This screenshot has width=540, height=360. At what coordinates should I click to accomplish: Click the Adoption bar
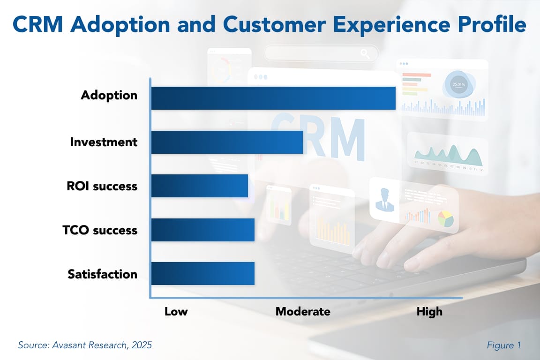[273, 98]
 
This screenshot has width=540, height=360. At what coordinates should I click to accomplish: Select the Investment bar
[227, 142]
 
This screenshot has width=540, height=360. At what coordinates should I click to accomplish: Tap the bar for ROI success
[199, 186]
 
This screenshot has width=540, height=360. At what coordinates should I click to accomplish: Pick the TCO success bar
[202, 230]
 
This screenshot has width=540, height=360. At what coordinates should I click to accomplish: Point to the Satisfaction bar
[202, 274]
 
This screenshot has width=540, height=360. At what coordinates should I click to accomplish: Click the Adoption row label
[109, 95]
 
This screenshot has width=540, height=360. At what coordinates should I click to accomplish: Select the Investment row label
[104, 142]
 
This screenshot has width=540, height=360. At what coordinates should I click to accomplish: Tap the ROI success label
[102, 186]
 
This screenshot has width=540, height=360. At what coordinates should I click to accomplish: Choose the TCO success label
[100, 230]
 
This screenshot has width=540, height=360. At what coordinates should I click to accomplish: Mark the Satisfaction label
[102, 274]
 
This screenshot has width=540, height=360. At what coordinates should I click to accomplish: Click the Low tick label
[176, 312]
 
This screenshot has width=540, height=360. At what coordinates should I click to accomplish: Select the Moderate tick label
[303, 312]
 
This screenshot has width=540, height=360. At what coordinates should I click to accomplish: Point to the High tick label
[429, 312]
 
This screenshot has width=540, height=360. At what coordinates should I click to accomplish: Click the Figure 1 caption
[503, 345]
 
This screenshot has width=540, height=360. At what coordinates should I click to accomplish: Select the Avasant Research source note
[85, 345]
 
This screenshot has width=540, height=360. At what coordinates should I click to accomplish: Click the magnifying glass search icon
[366, 54]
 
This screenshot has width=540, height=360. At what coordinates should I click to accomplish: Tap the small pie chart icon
[445, 217]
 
